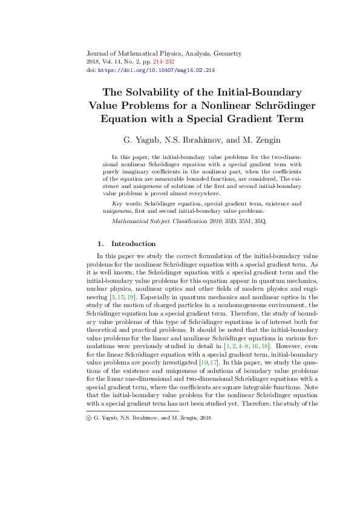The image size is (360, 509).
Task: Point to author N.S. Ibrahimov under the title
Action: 191,140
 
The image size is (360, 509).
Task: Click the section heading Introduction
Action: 133,244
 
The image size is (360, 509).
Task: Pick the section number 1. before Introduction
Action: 100,244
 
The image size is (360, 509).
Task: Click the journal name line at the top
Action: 165,53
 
